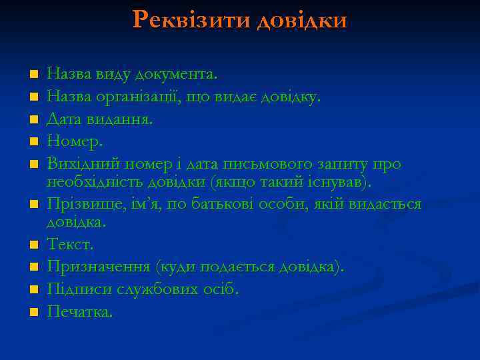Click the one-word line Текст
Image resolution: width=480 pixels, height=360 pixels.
click(69, 245)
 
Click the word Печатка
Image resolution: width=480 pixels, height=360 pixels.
click(80, 311)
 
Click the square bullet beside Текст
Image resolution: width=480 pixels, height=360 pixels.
click(33, 245)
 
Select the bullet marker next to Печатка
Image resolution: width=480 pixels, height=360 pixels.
click(33, 312)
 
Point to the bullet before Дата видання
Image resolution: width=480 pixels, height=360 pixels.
click(33, 120)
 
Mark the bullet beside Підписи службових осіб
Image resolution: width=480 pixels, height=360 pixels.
click(33, 290)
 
